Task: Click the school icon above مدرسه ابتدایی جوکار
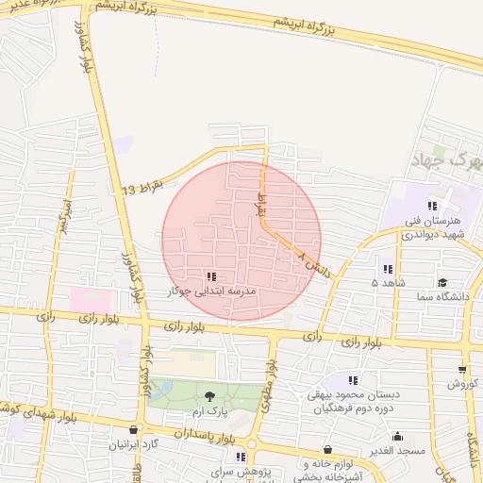pos(210,276)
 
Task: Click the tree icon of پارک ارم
pos(209,396)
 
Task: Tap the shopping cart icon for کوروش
pos(462,369)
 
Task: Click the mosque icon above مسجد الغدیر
pos(397,437)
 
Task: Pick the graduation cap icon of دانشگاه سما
pos(441,282)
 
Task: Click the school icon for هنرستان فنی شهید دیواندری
pos(432,206)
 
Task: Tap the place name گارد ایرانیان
pos(138,443)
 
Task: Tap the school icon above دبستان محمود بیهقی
pos(353,379)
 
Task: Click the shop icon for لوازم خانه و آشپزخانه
pos(327,450)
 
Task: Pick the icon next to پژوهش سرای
pos(241,457)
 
